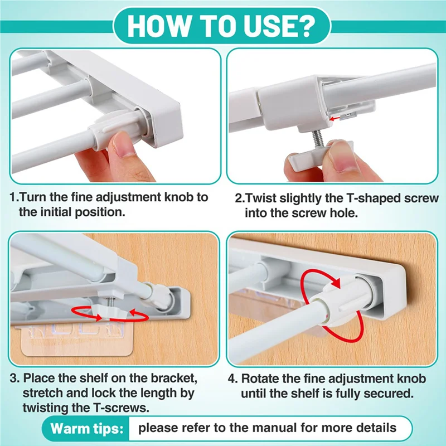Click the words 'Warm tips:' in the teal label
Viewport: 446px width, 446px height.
coord(87,429)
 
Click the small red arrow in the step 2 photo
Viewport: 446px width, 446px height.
coord(337,118)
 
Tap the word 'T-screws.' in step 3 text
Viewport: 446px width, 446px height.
coord(120,408)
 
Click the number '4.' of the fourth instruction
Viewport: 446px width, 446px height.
coord(232,379)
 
